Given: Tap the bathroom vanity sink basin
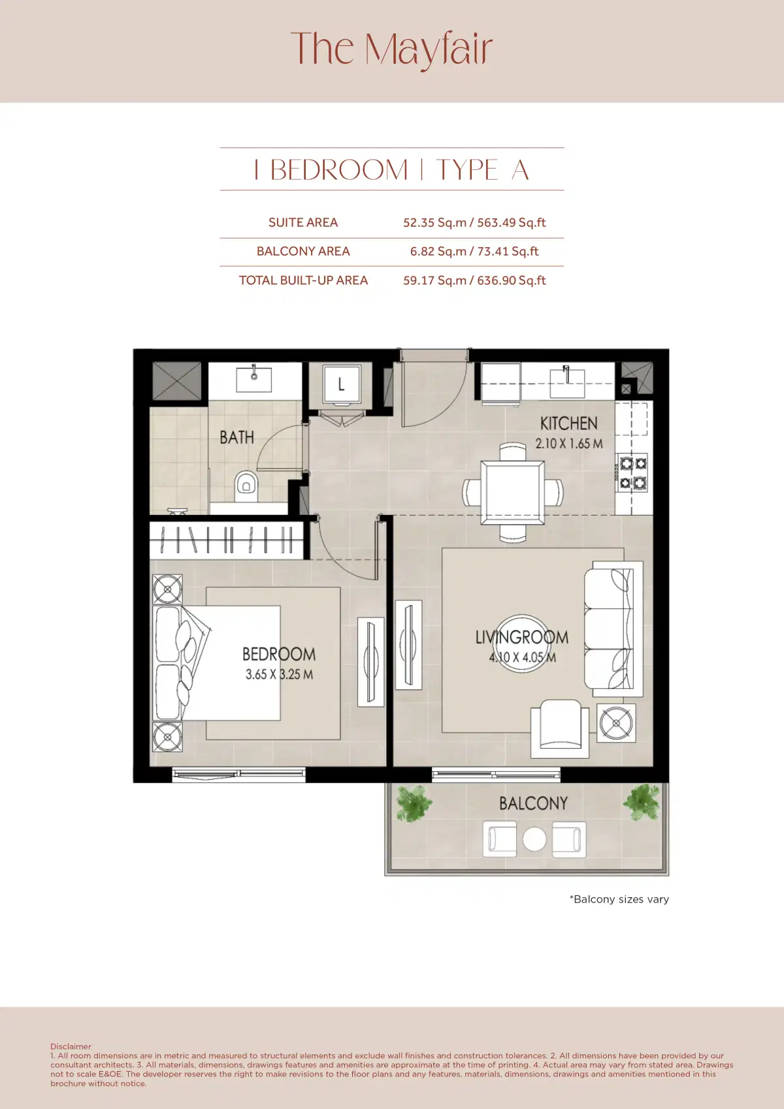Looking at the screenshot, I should click(254, 378).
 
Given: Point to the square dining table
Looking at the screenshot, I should click(513, 492).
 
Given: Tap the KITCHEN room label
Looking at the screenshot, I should click(568, 423).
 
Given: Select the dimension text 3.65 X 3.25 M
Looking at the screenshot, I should click(279, 674).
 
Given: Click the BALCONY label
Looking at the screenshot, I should click(533, 803).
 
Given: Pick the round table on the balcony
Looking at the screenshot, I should click(534, 839).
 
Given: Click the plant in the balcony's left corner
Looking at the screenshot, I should click(414, 803).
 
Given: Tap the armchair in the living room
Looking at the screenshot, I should click(560, 727).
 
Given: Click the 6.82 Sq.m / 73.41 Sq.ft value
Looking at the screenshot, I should click(474, 252).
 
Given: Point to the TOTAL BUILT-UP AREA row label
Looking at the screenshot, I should click(303, 280).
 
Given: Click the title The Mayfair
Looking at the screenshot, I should click(391, 49).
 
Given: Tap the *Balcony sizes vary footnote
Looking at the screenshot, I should click(619, 899).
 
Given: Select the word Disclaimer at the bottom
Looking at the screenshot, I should click(71, 1046).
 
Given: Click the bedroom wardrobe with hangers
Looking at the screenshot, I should click(227, 540).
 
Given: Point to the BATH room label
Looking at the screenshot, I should click(237, 437).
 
